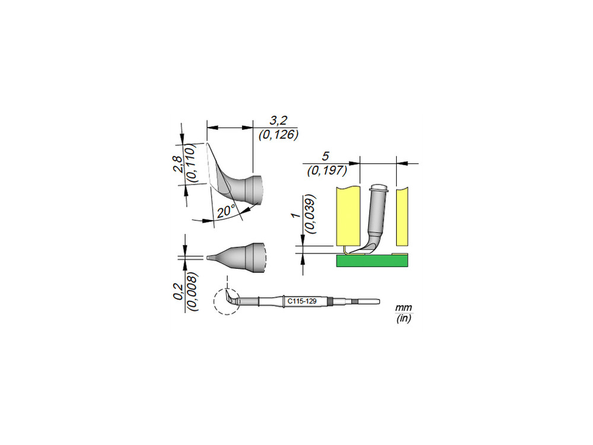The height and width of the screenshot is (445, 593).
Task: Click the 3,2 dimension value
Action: (278, 120)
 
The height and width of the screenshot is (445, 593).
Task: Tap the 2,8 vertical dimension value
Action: (178, 164)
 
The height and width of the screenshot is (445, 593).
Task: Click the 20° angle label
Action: (226, 211)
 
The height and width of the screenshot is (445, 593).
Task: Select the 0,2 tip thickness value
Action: (178, 291)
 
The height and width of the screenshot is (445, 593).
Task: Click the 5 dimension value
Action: (325, 156)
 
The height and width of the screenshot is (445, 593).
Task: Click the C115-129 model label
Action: (302, 301)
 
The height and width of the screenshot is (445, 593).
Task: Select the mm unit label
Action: (403, 307)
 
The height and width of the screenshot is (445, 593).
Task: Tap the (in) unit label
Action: (403, 318)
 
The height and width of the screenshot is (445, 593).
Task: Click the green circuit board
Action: (372, 261)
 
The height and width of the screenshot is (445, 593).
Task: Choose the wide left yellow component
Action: (348, 216)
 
